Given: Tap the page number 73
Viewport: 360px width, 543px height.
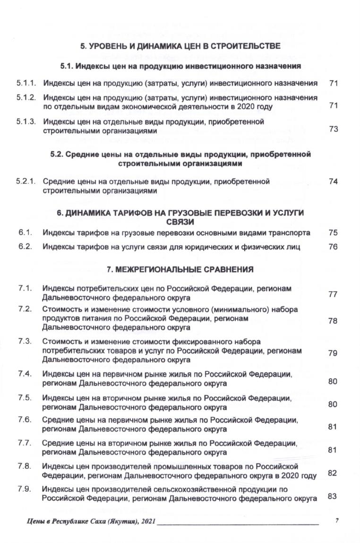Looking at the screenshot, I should pos(333,129).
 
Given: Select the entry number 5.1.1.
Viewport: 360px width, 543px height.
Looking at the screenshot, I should pos(26,83).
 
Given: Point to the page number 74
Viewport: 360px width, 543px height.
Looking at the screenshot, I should pos(333,181).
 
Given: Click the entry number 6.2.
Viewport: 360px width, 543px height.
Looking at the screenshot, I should pos(26,246).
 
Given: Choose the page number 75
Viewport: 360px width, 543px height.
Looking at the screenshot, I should pos(333,233).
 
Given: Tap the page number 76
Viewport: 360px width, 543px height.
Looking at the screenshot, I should pos(333,246).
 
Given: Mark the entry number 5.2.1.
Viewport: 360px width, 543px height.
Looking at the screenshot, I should pos(26,181).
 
